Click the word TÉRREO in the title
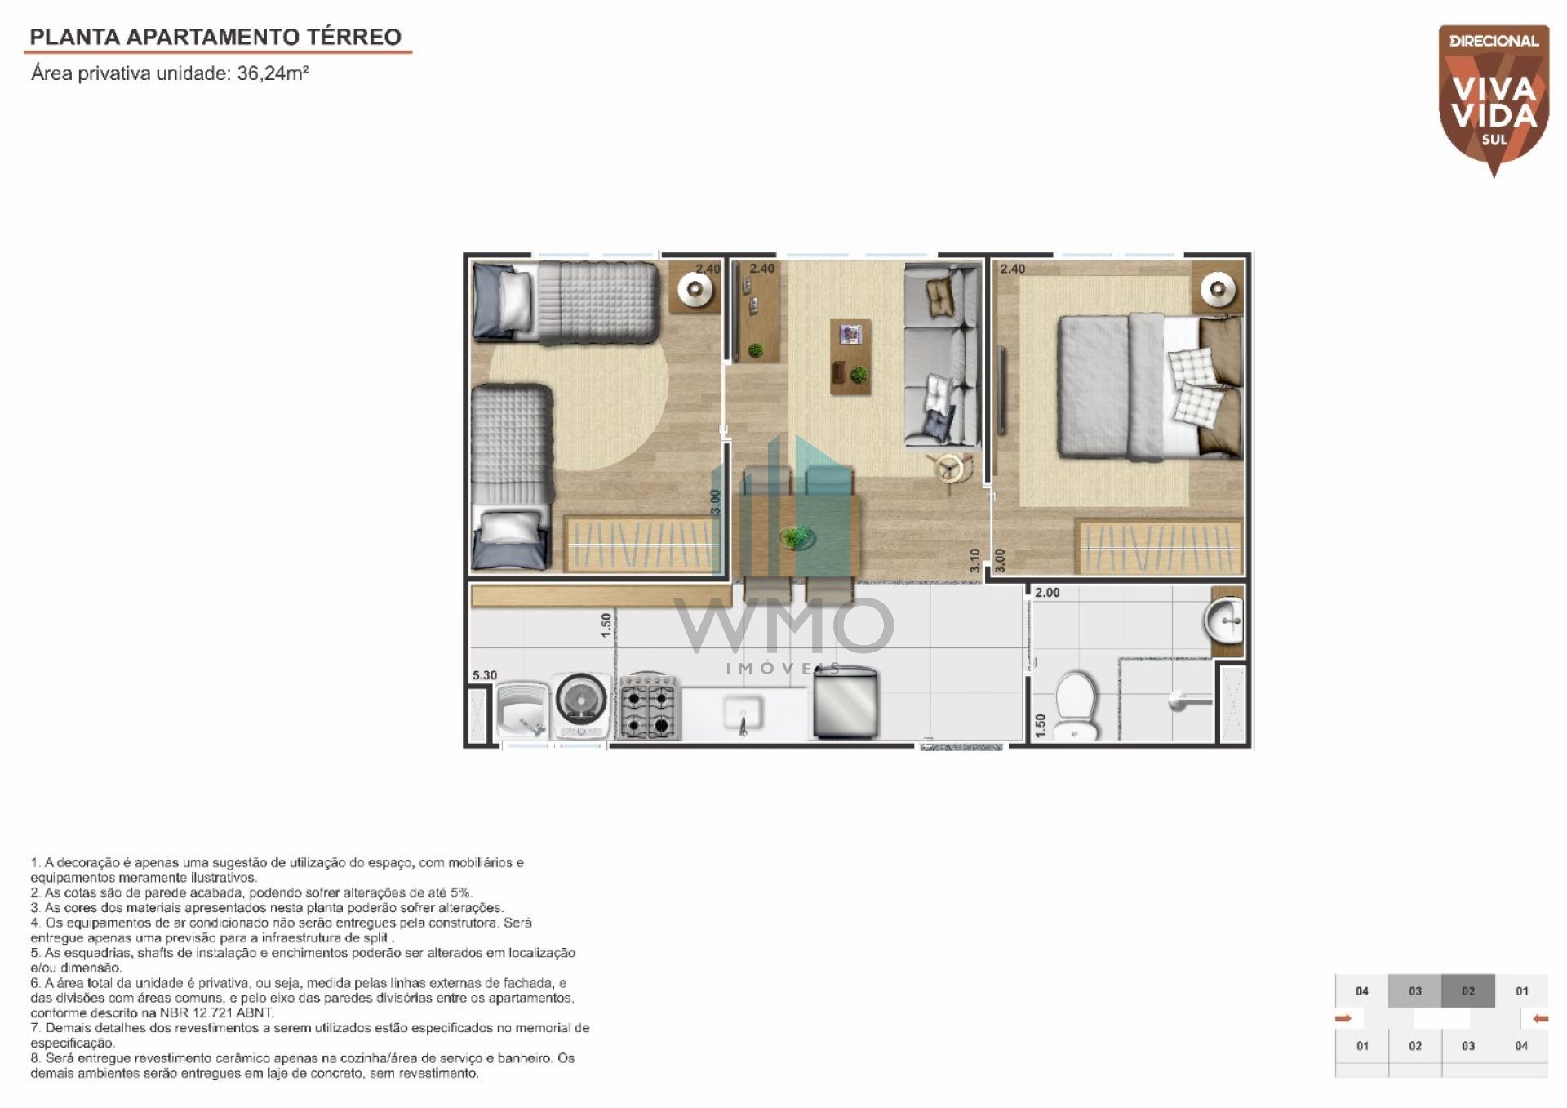click(x=354, y=37)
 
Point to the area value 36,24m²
click(x=273, y=73)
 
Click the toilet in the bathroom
click(x=1077, y=705)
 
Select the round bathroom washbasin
click(x=1223, y=621)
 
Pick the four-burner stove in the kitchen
click(x=649, y=706)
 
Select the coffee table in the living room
click(x=850, y=357)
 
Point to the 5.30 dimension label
click(x=485, y=675)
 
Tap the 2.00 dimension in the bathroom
click(x=1047, y=593)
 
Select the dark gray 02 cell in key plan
click(x=1468, y=991)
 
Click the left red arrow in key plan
click(x=1343, y=1018)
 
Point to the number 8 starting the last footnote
click(x=35, y=1058)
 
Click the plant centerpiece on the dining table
click(x=796, y=537)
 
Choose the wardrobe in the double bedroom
click(x=1160, y=546)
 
